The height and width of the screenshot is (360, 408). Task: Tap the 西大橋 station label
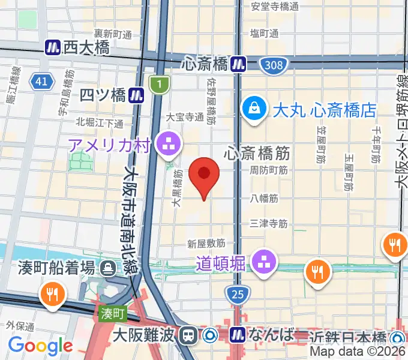pyautogui.click(x=86, y=47)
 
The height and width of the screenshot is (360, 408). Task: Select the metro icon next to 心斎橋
pyautogui.click(x=240, y=62)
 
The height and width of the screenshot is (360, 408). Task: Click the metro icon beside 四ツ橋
pyautogui.click(x=137, y=95)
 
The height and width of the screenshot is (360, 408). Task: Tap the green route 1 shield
pyautogui.click(x=158, y=85)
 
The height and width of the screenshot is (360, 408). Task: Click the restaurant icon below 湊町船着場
pyautogui.click(x=52, y=293)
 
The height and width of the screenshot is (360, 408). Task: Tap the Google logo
pyautogui.click(x=40, y=345)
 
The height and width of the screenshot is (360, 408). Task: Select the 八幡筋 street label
pyautogui.click(x=265, y=197)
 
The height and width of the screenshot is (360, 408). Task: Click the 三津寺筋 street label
pyautogui.click(x=268, y=223)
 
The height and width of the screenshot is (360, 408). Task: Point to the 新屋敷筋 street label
pyautogui.click(x=206, y=244)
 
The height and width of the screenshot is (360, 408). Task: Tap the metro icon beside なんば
pyautogui.click(x=238, y=334)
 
